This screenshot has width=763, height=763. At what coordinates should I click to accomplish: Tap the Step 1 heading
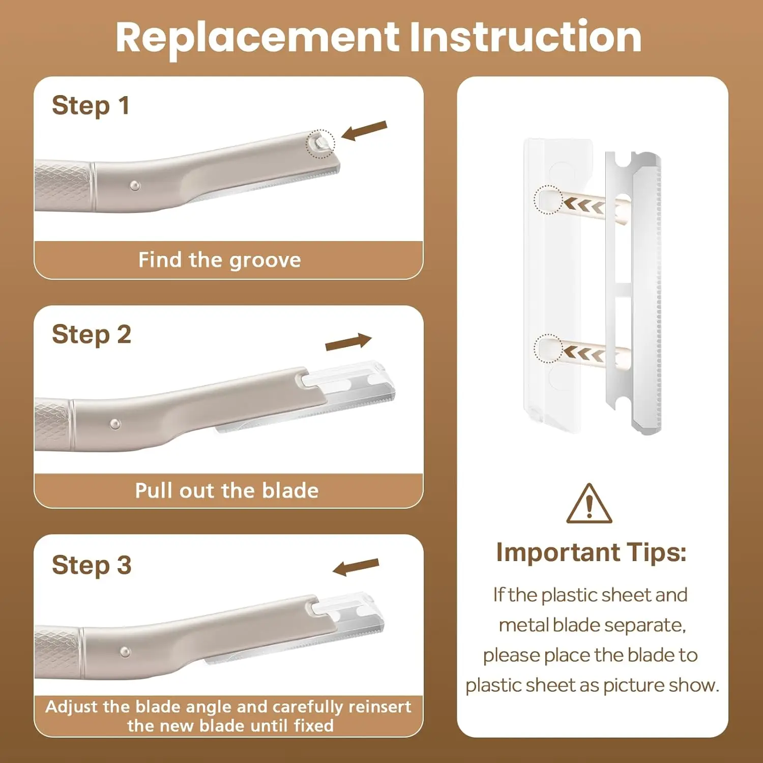(91, 106)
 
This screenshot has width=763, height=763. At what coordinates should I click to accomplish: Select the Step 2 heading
(92, 335)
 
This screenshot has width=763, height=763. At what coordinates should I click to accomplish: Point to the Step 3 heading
(92, 566)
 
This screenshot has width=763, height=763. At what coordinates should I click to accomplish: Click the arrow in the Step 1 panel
(364, 130)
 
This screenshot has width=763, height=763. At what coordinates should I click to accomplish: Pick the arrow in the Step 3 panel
(356, 567)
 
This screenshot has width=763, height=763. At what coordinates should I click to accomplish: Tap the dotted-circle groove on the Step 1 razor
(320, 143)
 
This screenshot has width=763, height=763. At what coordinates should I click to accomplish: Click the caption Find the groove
(220, 260)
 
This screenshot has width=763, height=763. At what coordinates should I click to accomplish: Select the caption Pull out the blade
(227, 491)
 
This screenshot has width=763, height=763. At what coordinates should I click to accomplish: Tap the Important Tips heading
(591, 553)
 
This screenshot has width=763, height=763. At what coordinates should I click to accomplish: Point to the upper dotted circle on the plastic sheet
(548, 199)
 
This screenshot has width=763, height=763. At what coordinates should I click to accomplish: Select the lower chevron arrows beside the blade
(584, 353)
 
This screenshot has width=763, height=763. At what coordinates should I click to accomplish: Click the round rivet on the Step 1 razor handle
(135, 185)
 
